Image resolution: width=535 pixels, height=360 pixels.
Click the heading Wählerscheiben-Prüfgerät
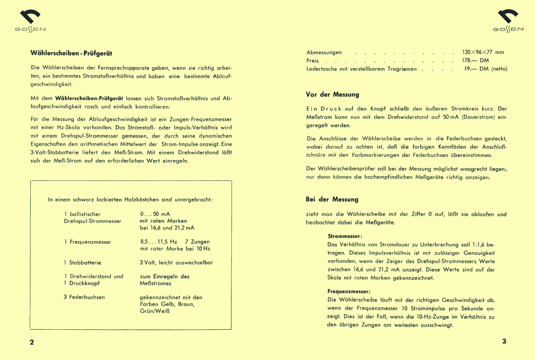point(71,53)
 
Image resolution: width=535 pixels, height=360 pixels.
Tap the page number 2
point(32,342)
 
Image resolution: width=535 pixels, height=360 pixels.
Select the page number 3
point(504,342)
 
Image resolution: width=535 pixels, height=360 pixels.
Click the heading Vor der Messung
point(332,94)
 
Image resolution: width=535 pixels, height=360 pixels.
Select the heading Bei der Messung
point(332,199)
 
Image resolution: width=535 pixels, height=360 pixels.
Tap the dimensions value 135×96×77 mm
point(483,52)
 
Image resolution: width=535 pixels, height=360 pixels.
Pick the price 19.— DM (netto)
point(486,69)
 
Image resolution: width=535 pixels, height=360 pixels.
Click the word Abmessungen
point(324,53)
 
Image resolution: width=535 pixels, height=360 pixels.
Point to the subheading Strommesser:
point(345,236)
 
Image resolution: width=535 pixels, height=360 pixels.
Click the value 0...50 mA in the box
point(155,214)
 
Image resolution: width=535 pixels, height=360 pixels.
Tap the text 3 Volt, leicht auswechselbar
point(176,263)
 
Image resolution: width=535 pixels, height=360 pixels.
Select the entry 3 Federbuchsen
point(84,297)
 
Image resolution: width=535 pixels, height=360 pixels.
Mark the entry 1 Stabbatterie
point(82,263)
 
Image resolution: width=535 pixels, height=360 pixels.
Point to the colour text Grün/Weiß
point(155,311)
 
